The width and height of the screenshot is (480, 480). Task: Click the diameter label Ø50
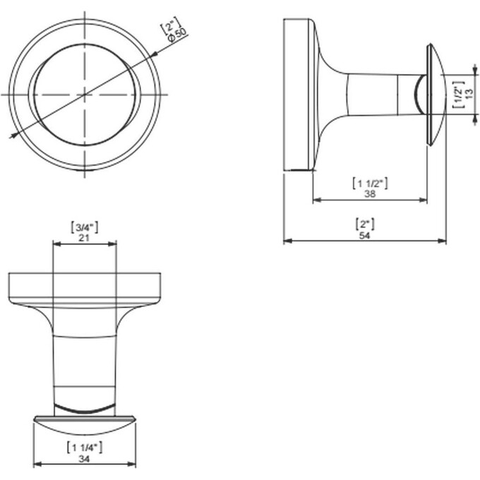tap(177, 35)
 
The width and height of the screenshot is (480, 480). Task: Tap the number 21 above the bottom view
tap(84, 238)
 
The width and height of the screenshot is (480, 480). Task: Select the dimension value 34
tap(85, 459)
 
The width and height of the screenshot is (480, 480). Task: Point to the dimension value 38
tap(370, 193)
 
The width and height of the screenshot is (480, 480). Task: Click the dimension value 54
tap(365, 235)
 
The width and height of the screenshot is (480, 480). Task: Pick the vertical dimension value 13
tap(469, 94)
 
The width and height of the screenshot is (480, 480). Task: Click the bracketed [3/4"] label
tap(84, 227)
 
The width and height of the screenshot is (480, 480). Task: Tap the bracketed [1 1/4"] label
tap(85, 448)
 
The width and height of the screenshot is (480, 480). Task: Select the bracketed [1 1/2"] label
tap(370, 183)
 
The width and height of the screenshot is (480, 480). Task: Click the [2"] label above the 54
tap(365, 224)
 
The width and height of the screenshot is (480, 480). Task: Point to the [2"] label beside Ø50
tap(170, 25)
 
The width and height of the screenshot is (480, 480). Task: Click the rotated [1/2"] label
tap(459, 95)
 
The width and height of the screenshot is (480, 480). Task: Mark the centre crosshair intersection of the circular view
tap(85, 95)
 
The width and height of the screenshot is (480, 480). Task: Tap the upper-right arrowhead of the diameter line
tap(155, 54)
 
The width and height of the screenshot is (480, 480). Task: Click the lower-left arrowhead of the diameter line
tap(13, 136)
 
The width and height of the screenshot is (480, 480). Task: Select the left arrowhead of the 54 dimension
tap(287, 241)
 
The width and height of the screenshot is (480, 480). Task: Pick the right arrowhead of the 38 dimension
tap(423, 200)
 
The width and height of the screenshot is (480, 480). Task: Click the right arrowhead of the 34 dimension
tap(132, 464)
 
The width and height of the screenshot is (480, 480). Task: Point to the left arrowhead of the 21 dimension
tap(56, 244)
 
